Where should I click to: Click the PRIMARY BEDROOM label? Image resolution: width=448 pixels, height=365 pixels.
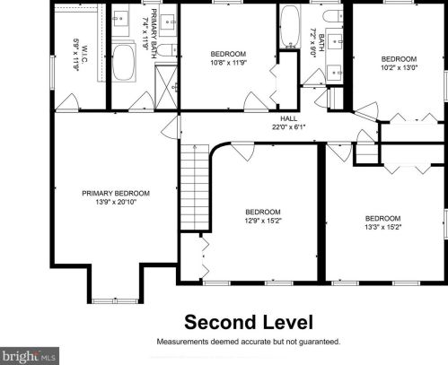click(x=116, y=193)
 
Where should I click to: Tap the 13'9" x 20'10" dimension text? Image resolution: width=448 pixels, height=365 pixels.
click(x=116, y=202)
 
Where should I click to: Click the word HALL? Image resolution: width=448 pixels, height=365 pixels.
click(x=287, y=118)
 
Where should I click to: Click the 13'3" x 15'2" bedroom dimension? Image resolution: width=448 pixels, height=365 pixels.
click(x=382, y=227)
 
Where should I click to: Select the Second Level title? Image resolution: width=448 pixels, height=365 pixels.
click(x=249, y=322)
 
